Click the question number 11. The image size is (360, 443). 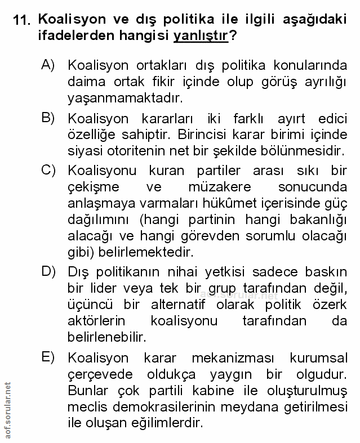point(22,21)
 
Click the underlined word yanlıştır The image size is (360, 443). point(200,36)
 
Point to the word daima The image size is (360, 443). point(86,82)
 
